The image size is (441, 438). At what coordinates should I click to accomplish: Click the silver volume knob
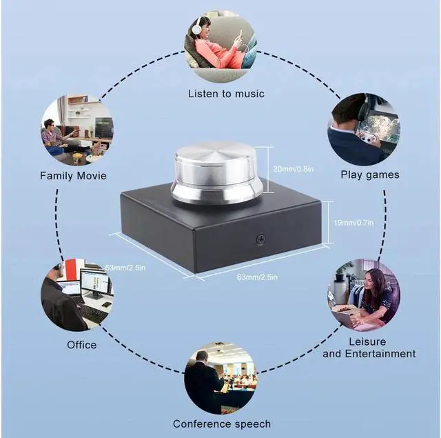pos(216,172)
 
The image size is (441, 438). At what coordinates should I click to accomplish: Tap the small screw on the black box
pos(260,239)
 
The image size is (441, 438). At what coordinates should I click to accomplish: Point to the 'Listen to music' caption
pos(226,93)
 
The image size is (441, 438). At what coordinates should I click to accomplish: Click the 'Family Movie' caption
pos(73,175)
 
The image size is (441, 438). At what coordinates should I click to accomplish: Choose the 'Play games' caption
pos(369,175)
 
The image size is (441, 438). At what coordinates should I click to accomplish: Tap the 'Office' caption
pos(81,344)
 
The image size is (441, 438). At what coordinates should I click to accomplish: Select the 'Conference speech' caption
pos(221,424)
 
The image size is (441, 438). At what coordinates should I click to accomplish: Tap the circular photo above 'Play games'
pos(364,129)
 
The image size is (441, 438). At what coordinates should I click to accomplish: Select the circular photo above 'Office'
pos(76,296)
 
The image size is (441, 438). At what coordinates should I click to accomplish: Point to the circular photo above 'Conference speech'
pos(220,377)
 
